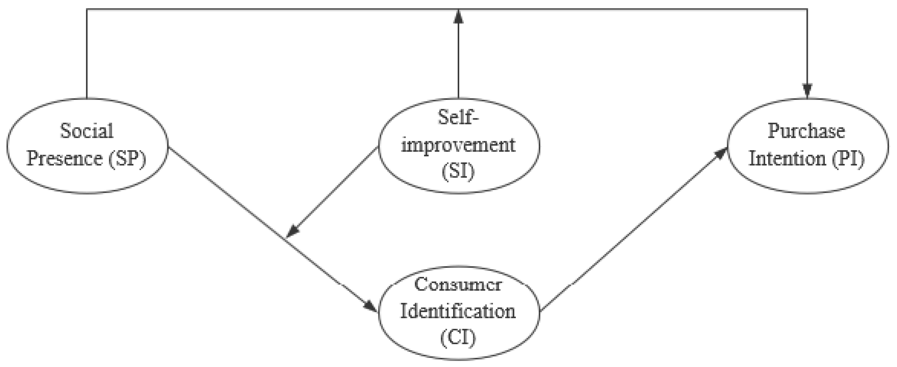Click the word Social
pos(87,131)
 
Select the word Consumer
pos(458,284)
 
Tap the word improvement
pos(458,145)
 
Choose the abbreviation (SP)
pos(127,159)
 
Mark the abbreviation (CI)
pos(458,337)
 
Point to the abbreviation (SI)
pos(458,171)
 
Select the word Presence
pos(64,159)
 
